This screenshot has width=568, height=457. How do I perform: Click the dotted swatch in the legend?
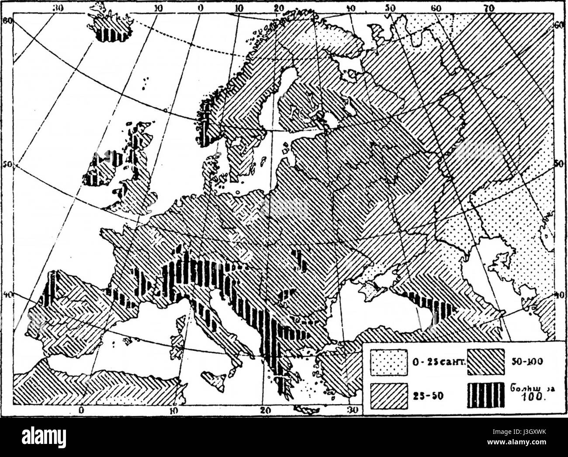click(x=389, y=363)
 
